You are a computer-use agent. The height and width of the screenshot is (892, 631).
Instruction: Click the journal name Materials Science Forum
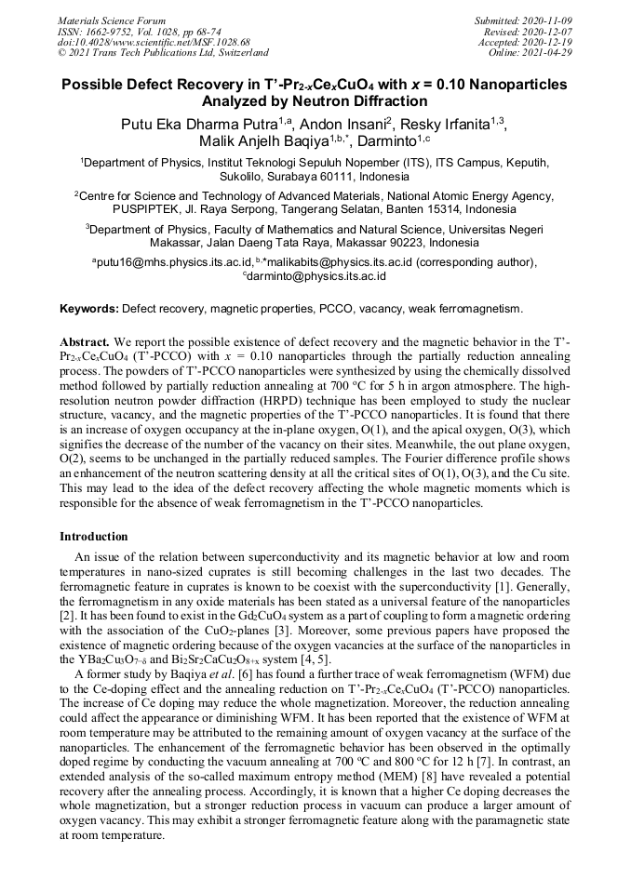pyautogui.click(x=111, y=20)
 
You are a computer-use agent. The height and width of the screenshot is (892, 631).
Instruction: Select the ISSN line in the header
pyautogui.click(x=139, y=32)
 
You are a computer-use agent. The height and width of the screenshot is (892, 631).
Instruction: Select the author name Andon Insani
pyautogui.click(x=343, y=126)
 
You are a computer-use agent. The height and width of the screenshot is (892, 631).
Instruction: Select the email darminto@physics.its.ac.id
pyautogui.click(x=316, y=276)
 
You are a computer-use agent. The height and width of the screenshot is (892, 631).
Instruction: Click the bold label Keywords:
pyautogui.click(x=88, y=308)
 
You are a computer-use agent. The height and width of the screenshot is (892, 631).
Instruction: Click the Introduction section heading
pyautogui.click(x=94, y=537)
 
